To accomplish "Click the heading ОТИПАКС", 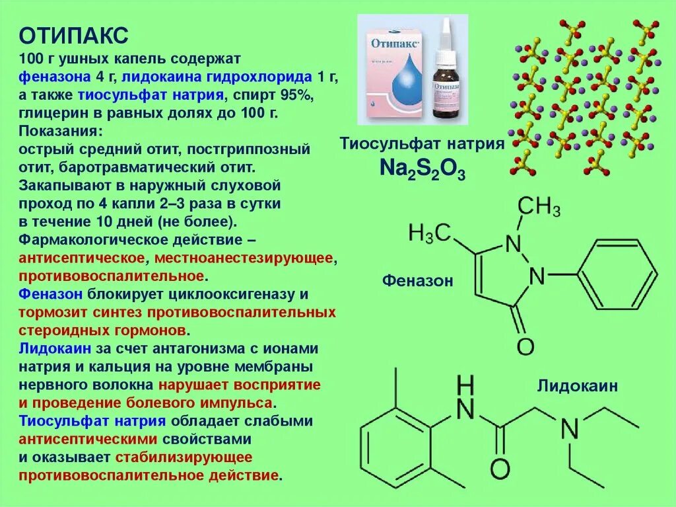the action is (73, 34).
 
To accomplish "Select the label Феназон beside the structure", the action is (417, 281).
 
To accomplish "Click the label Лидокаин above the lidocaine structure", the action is (578, 385).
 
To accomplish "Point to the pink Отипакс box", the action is (391, 71).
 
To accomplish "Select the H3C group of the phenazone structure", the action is (430, 232).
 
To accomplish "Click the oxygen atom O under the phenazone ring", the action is (525, 346).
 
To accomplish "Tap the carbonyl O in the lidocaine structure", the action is (500, 469).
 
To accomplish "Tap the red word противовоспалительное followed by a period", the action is (112, 275).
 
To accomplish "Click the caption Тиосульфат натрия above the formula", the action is (422, 144).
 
